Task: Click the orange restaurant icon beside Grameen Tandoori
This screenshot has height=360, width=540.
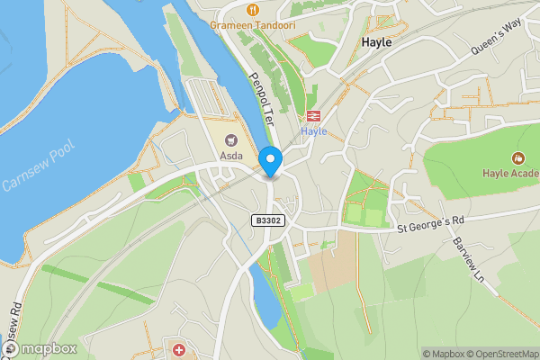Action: (255, 10)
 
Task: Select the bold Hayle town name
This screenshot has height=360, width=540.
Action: (375, 41)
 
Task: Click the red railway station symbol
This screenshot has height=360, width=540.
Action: (313, 116)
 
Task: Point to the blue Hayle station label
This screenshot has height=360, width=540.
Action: (313, 131)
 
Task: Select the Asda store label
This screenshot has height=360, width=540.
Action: (232, 155)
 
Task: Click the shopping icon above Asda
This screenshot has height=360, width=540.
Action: (232, 140)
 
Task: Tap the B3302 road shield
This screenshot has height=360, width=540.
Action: (266, 220)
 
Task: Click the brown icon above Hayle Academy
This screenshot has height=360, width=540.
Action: (518, 157)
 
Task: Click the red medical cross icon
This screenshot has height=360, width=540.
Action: (179, 348)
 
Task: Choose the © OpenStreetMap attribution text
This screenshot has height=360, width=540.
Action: (502, 354)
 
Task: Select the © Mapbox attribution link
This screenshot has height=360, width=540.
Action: (443, 354)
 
